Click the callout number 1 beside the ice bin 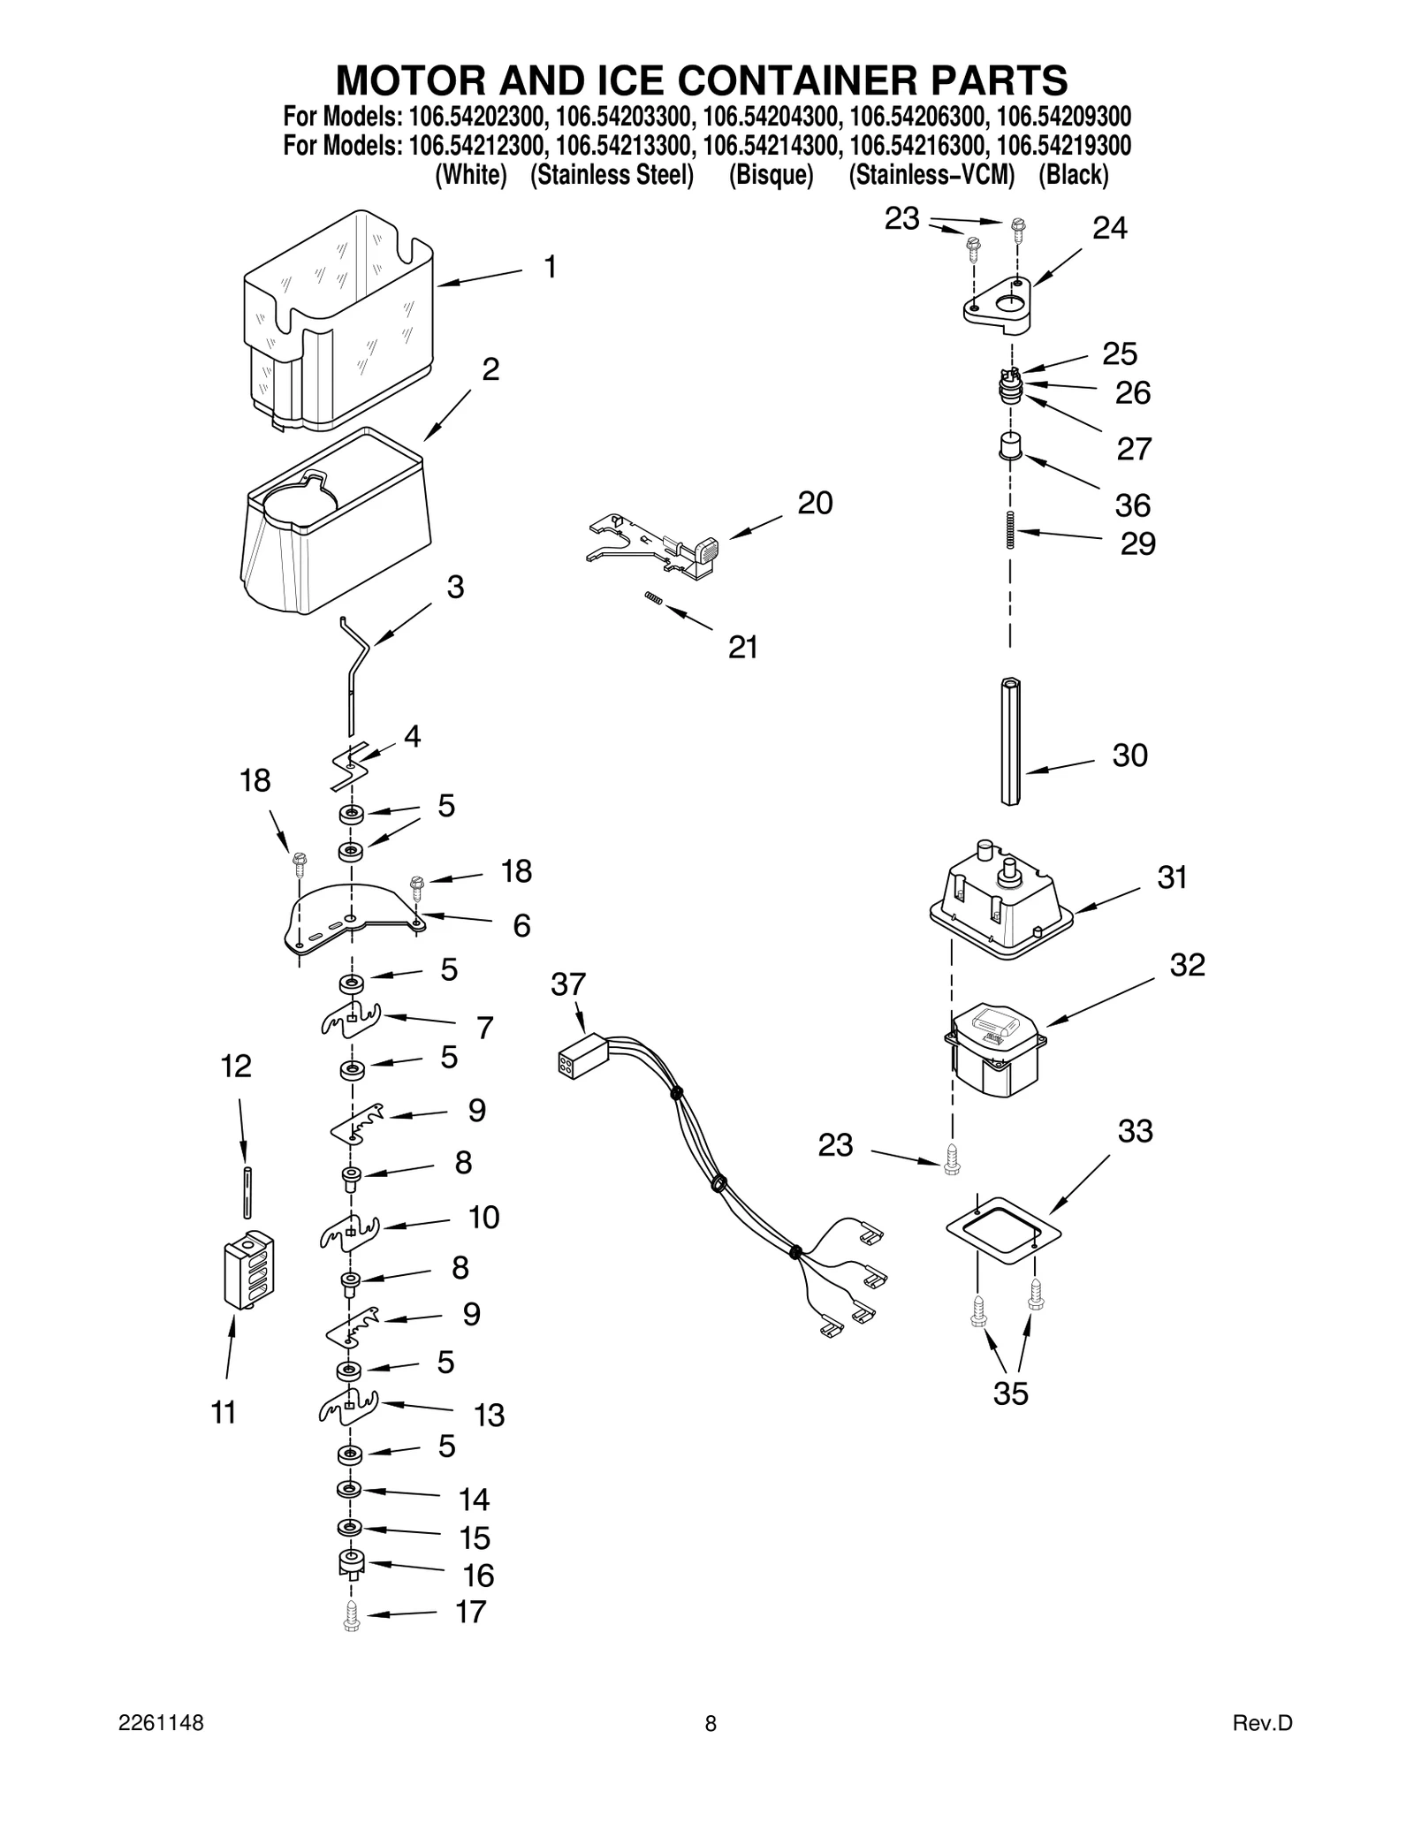(550, 267)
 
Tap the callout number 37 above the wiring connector (568, 984)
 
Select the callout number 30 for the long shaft (1129, 756)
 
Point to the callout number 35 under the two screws (1010, 1393)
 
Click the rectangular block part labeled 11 (248, 1270)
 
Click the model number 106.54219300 (1063, 145)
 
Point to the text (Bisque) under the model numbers (771, 175)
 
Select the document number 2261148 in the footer (161, 1723)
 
